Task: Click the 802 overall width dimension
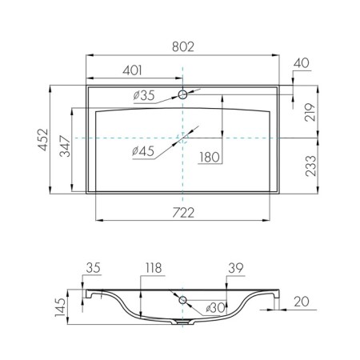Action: click(183, 47)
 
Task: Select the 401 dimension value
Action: click(132, 70)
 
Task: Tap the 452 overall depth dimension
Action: click(43, 140)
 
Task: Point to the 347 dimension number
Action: click(65, 146)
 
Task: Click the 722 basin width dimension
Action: click(183, 213)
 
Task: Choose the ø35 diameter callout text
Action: click(144, 95)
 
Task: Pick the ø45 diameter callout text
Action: click(143, 151)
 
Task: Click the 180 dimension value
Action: click(210, 158)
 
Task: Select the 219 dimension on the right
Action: click(310, 112)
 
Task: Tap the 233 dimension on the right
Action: click(310, 166)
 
